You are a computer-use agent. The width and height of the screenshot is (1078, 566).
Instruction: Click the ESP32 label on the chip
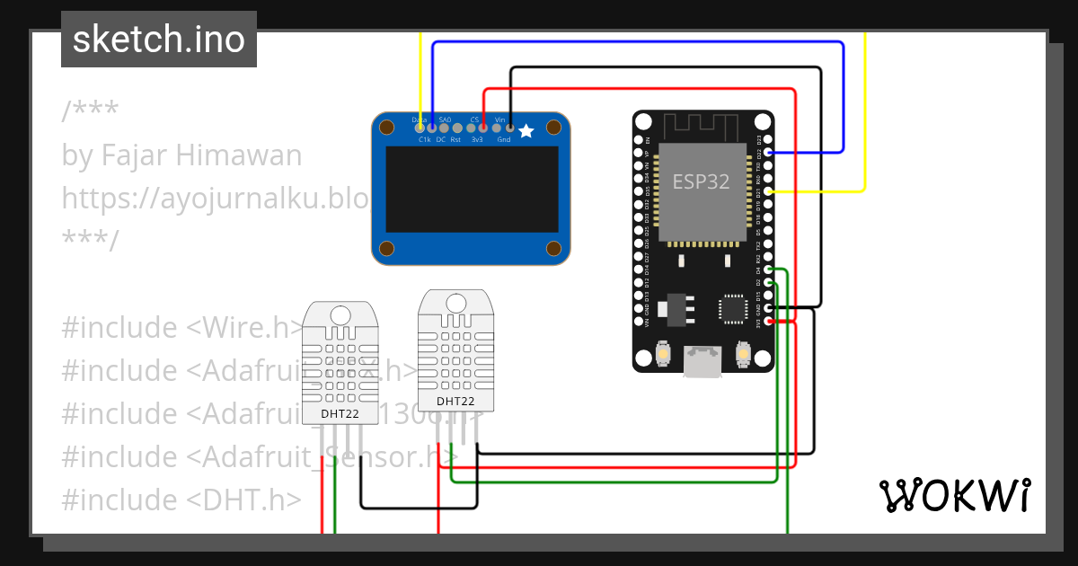pos(701,181)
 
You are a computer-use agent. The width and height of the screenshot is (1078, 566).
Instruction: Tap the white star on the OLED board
pos(526,131)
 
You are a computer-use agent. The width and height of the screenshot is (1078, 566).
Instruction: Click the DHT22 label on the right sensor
pos(455,402)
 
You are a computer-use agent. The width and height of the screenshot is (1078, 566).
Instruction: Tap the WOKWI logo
pos(954,495)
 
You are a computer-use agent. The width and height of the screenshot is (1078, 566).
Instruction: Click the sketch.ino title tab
pos(159,40)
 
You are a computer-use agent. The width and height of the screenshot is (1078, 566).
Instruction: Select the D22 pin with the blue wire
pos(768,153)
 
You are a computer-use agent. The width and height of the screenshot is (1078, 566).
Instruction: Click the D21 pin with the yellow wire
pos(768,191)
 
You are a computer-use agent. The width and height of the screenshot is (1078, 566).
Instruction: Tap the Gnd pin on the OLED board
pos(510,128)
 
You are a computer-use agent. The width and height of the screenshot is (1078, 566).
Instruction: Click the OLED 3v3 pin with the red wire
pos(483,128)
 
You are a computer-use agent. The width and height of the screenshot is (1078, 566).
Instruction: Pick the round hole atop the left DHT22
pos(340,314)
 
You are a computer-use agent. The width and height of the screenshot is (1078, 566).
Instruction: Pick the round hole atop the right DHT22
pos(455,303)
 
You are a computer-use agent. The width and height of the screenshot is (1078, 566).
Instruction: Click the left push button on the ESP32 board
pos(661,354)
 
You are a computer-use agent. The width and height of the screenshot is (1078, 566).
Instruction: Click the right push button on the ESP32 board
pos(742,354)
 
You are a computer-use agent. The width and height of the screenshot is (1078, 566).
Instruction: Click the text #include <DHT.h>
pos(181,500)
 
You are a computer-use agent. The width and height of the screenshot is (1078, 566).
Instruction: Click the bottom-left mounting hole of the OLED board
pos(386,249)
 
